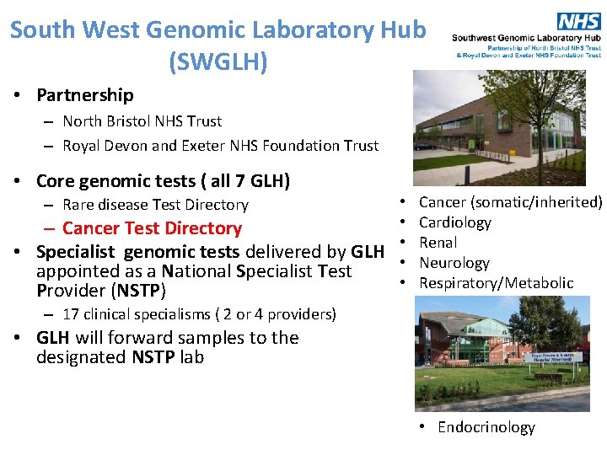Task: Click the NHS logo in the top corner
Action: (x=579, y=20)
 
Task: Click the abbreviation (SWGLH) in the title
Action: (x=218, y=61)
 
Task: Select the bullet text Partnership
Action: (x=84, y=95)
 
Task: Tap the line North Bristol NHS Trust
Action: (x=142, y=121)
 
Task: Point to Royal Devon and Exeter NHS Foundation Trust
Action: (x=220, y=146)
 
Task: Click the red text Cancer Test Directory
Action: (x=152, y=228)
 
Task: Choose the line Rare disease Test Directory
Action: (x=155, y=205)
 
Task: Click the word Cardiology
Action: (x=454, y=222)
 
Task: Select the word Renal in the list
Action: (x=438, y=243)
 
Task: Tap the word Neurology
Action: (x=454, y=263)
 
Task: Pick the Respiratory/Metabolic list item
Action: (x=496, y=283)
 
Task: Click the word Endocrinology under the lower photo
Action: (x=486, y=427)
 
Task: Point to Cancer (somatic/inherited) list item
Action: (x=510, y=202)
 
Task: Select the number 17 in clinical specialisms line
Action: (x=71, y=314)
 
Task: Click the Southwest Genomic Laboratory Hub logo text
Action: (x=527, y=38)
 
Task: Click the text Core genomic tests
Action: (x=118, y=181)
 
